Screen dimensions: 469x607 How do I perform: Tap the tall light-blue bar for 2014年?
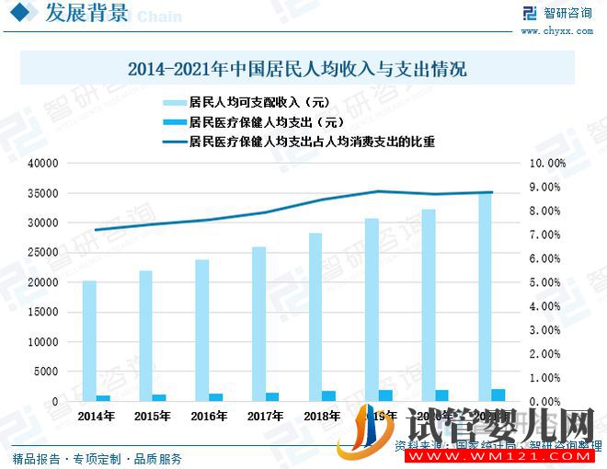(89, 340)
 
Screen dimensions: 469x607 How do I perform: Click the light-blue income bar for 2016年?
(202, 330)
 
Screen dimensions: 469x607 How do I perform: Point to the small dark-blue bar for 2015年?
(159, 397)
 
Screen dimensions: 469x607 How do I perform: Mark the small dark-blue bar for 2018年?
(328, 395)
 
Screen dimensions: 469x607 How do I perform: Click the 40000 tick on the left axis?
(43, 164)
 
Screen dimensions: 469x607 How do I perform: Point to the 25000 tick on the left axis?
(43, 253)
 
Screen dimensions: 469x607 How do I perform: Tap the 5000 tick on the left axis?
(46, 372)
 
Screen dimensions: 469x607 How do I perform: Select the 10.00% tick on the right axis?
(549, 164)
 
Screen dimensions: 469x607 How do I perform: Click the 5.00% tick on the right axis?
(549, 282)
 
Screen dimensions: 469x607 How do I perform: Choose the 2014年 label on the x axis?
(97, 417)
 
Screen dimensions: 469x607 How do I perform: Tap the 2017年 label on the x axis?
(266, 417)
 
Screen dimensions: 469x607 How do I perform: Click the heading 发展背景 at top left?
(82, 15)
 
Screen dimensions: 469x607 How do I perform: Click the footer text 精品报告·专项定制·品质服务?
(97, 458)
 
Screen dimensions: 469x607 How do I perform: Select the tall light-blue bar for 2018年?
(315, 317)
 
